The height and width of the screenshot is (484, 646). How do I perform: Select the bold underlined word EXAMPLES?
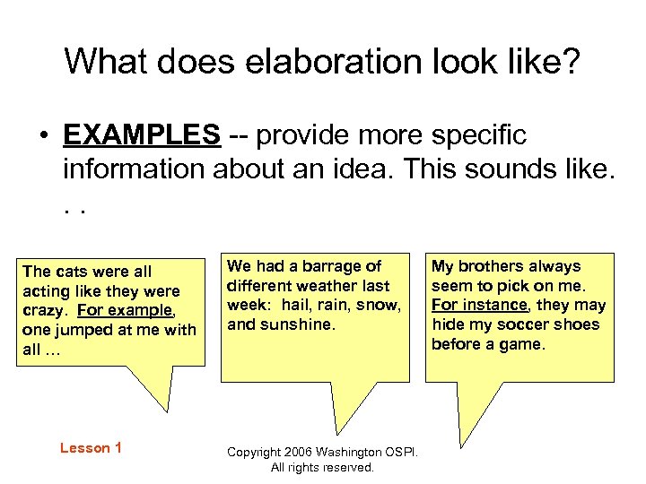142,134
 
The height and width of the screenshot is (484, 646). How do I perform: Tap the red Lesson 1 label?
91,447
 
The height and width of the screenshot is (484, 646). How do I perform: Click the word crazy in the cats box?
44,310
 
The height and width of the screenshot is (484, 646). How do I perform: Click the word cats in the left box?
69,271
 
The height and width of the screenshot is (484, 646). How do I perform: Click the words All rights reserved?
322,468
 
